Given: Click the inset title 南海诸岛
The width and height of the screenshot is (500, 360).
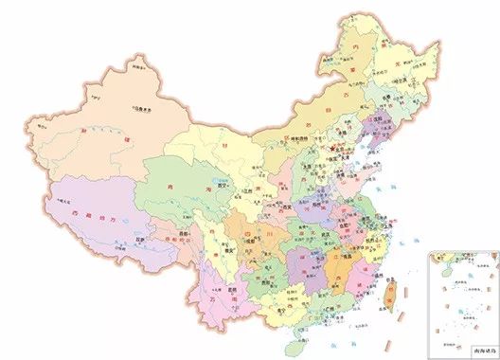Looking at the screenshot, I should point(460,352).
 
